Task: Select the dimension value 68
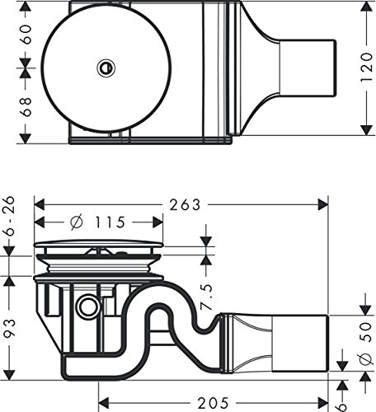(x=27, y=105)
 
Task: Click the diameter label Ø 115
(x=96, y=222)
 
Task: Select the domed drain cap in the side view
(x=100, y=244)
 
